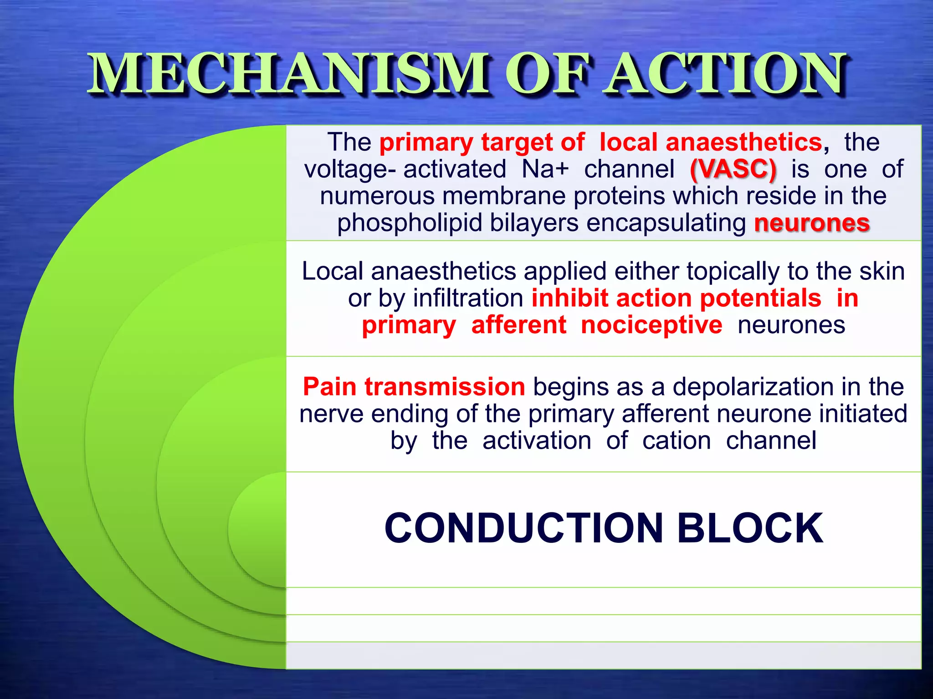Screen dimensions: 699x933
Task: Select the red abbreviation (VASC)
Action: point(733,169)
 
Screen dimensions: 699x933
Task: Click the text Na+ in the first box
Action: point(545,169)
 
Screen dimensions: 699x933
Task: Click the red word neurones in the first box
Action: point(812,223)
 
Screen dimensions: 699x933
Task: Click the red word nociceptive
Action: point(651,325)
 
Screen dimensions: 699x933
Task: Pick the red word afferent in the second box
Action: point(518,325)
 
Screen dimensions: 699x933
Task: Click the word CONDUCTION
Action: point(524,528)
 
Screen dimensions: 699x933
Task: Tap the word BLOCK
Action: point(750,528)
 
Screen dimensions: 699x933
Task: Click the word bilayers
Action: point(534,223)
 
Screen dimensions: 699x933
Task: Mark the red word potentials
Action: point(760,299)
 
